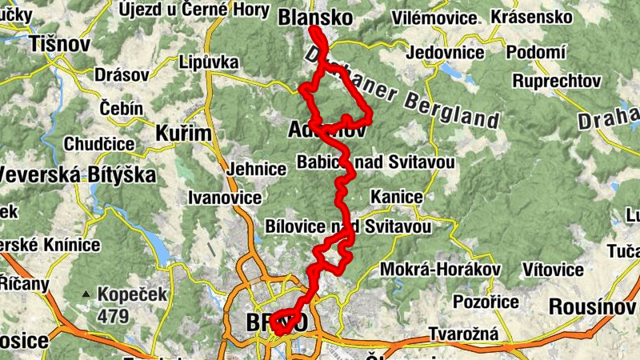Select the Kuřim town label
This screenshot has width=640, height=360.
coord(183,133)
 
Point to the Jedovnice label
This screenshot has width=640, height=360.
coord(446,54)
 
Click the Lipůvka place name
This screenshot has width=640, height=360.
coord(210,61)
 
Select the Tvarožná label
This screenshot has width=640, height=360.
coord(464,334)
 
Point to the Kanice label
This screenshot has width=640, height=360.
coord(397,197)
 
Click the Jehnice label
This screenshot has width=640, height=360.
coord(257,170)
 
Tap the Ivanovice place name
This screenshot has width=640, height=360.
coord(225,197)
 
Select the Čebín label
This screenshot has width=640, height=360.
coord(122,108)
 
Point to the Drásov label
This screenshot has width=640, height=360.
coord(122,74)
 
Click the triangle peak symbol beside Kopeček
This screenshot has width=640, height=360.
coord(85,294)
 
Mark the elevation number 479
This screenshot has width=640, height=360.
coord(114,316)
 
